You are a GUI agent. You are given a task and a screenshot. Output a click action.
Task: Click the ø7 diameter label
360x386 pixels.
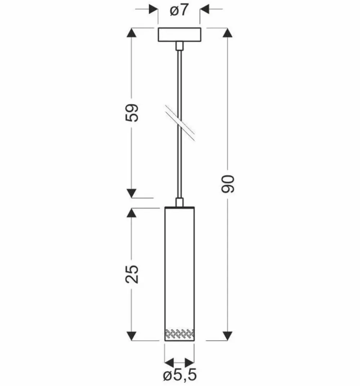click(x=179, y=10)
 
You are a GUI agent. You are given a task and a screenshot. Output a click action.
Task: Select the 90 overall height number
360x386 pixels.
click(x=228, y=184)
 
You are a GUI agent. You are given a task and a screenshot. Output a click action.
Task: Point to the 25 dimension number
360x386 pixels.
click(x=132, y=275)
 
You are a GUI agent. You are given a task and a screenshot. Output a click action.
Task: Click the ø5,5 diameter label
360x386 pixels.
click(x=180, y=376)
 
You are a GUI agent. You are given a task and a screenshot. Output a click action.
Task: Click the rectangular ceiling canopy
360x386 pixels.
click(x=179, y=35)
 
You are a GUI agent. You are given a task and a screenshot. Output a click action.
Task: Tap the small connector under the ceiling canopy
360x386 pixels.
click(x=179, y=46)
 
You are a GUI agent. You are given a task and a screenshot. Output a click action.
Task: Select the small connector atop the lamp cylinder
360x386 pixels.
click(x=179, y=202)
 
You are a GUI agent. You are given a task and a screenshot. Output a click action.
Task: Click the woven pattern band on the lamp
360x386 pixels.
click(x=179, y=334)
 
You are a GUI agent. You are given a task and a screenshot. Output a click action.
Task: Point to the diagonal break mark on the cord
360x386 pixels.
click(x=180, y=123)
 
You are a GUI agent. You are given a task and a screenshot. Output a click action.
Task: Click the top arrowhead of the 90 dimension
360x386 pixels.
click(x=228, y=32)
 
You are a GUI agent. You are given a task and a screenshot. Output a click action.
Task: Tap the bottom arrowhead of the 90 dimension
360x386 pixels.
click(x=228, y=336)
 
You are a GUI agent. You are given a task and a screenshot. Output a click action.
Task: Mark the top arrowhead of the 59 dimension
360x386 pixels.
click(x=132, y=32)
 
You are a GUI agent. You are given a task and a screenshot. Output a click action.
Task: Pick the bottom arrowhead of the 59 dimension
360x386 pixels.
click(x=132, y=193)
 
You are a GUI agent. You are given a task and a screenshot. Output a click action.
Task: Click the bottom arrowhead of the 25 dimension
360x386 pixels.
click(x=132, y=336)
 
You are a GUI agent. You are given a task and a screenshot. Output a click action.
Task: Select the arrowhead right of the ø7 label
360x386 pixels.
click(x=205, y=9)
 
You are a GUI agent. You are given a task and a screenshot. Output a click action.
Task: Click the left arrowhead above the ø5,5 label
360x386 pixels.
click(x=169, y=362)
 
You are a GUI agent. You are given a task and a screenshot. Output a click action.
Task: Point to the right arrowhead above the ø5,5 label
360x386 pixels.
click(x=190, y=362)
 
